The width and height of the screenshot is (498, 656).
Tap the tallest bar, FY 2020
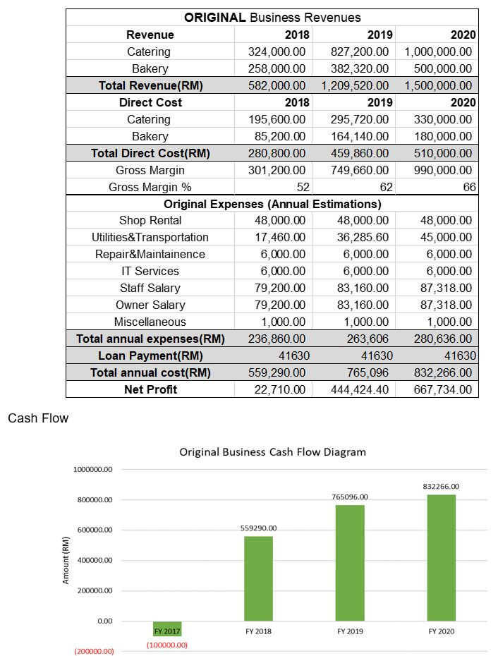[x=441, y=557]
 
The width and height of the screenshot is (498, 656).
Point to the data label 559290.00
[x=258, y=528]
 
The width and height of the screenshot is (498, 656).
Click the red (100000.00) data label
[x=166, y=645]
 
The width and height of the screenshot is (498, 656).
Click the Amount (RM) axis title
[x=66, y=560]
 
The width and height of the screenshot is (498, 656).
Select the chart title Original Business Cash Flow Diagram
[x=272, y=451]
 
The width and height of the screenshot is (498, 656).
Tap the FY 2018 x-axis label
[x=258, y=631]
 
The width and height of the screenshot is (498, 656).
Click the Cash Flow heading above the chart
[x=38, y=418]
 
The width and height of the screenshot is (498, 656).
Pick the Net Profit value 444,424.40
[x=360, y=389]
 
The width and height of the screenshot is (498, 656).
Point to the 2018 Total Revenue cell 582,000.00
[x=277, y=85]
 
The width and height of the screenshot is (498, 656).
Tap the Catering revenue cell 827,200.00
[x=360, y=51]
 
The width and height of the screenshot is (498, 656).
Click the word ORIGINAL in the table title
[x=214, y=18]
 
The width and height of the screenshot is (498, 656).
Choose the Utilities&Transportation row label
[x=150, y=237]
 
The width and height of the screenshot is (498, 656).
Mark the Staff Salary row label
[x=150, y=288]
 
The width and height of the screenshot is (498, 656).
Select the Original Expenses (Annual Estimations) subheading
[x=272, y=204]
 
